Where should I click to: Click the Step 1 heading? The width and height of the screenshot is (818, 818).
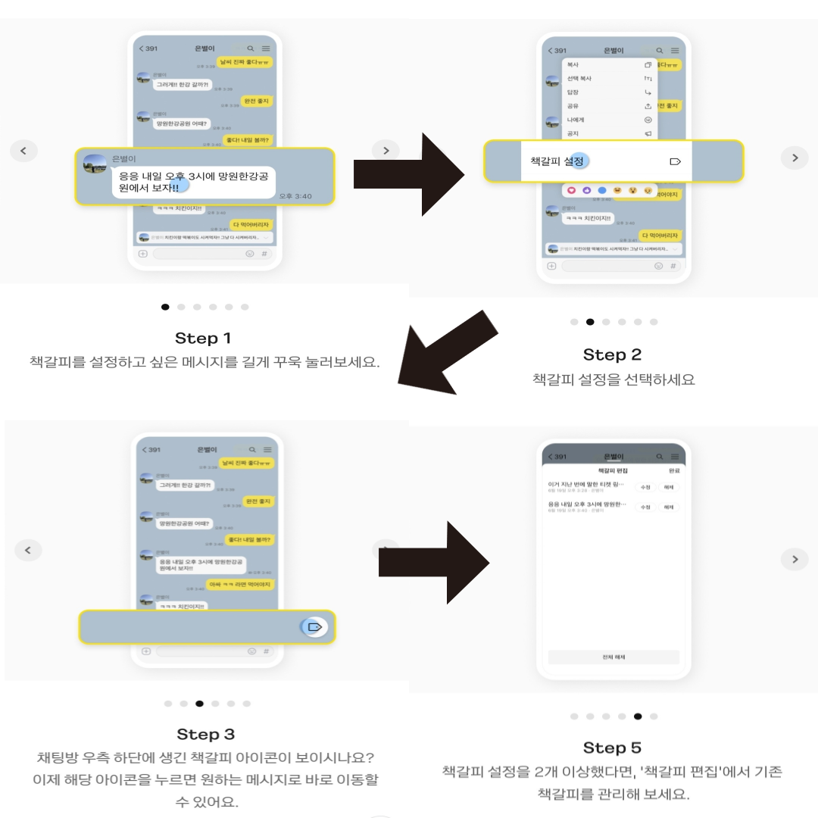pos(203,338)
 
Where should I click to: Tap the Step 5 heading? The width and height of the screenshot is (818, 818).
pos(612,748)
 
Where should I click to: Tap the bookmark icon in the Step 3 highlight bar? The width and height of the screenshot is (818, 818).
pos(315,627)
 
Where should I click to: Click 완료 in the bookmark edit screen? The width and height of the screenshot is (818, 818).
pos(674,470)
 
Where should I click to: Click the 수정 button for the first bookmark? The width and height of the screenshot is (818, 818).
pos(645,487)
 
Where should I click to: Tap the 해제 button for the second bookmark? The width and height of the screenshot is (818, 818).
pos(668,507)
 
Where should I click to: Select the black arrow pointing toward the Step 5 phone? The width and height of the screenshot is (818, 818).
pos(436,561)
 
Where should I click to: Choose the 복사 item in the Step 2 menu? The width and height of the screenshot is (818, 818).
pos(573,65)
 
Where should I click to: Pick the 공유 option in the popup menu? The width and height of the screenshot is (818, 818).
pos(573,106)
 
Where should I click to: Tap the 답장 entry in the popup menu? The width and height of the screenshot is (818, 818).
pos(573,92)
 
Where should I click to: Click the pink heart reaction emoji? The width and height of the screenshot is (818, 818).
pos(572,190)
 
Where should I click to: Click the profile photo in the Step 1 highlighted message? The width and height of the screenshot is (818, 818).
pos(95,164)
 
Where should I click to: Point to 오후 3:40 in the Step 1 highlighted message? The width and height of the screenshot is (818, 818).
pos(295,196)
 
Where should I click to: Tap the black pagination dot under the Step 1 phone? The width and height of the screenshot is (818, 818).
pos(165,307)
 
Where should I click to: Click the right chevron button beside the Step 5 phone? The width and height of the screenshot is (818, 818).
pos(795,559)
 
